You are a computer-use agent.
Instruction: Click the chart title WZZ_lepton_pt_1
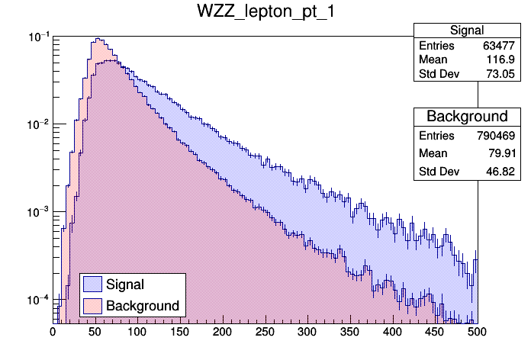pos(265,14)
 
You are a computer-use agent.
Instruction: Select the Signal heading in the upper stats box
pos(467,31)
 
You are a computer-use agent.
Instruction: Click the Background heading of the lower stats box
pos(467,117)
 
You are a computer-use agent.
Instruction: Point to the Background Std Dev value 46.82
pos(504,171)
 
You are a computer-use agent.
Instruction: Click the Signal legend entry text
pos(125,284)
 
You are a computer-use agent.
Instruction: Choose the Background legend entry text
pos(143,306)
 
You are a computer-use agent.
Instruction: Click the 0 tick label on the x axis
pos(53,332)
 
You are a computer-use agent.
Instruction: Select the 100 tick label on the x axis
pos(137,332)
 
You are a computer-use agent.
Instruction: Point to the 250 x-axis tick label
pos(265,332)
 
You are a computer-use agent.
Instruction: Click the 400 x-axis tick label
pos(392,332)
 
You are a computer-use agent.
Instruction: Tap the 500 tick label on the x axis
pos(477,332)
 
